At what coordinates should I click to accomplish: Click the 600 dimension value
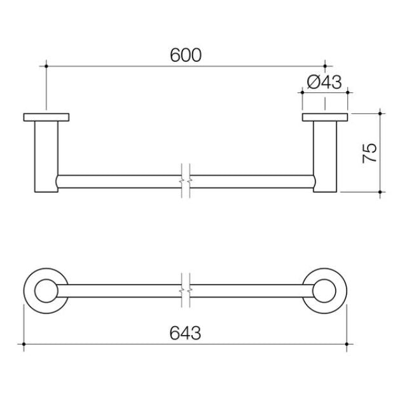(186, 55)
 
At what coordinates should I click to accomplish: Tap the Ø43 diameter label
(324, 82)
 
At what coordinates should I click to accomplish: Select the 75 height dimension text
(369, 153)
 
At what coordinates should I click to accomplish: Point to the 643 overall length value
(186, 333)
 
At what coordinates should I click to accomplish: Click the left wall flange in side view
(46, 117)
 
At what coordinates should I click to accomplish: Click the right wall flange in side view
(325, 117)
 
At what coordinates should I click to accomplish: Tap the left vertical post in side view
(46, 156)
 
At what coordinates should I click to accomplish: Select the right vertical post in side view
(325, 156)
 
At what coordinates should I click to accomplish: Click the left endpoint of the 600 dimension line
(46, 64)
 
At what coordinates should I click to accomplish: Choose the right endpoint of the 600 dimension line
(325, 64)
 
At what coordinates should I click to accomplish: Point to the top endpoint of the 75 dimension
(380, 113)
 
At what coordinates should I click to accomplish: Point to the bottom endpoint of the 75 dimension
(380, 191)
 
